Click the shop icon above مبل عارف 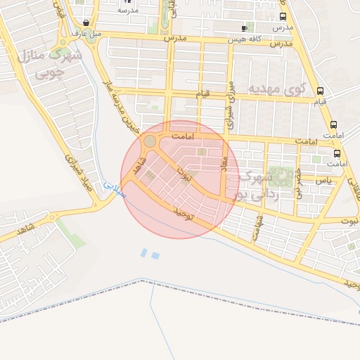point(86,22)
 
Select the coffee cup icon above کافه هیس point(244,29)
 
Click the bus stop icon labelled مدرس point(283,17)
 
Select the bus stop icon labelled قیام point(320,91)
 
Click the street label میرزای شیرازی point(229,107)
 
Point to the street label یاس point(323,180)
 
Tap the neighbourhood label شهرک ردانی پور point(258,186)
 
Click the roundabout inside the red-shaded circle point(150,142)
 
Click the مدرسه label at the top point(127,11)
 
